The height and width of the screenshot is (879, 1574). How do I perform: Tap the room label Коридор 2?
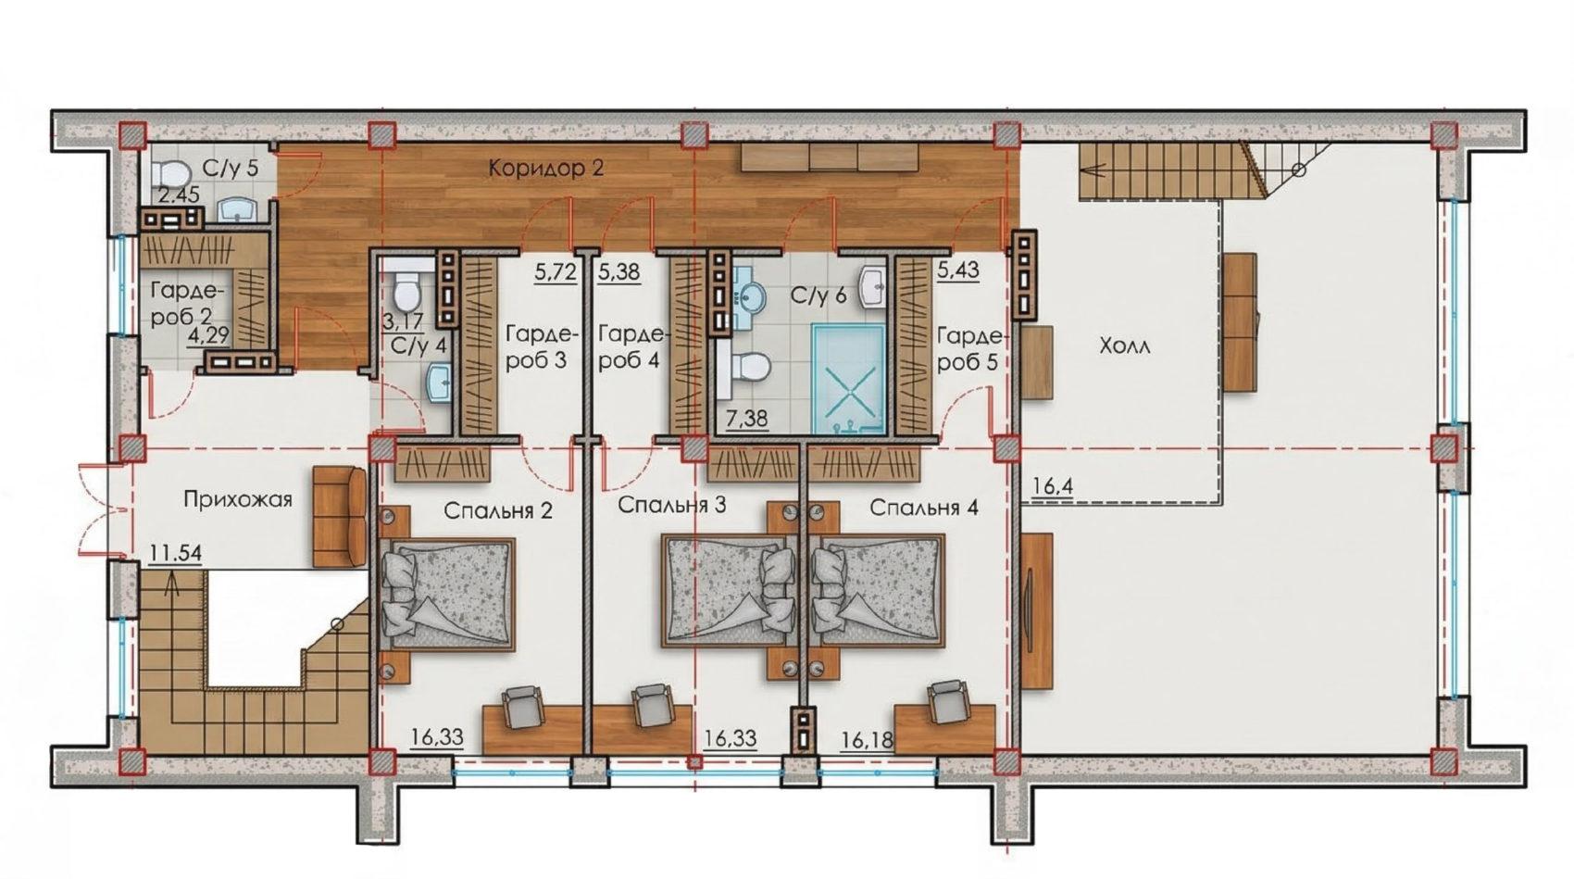pos(546,169)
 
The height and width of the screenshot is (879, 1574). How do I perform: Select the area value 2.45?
pos(178,195)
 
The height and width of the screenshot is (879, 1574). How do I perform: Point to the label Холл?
pos(1124,346)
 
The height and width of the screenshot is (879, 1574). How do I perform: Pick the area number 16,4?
pos(1052,485)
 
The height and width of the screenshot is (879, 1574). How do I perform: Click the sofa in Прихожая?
pos(340,515)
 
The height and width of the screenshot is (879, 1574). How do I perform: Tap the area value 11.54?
pos(175,552)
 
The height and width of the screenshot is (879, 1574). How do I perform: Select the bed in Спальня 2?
pos(447,595)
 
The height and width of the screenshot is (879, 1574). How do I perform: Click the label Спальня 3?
pos(671,505)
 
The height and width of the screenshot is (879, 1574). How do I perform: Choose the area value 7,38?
pos(747,419)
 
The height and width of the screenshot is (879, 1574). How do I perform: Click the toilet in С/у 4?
pos(406,293)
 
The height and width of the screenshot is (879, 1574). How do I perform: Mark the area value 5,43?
pos(958,270)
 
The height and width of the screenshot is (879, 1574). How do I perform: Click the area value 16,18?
pos(868,740)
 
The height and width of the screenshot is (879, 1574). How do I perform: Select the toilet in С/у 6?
pos(751,367)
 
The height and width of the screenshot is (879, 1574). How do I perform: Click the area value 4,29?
pos(208,335)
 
